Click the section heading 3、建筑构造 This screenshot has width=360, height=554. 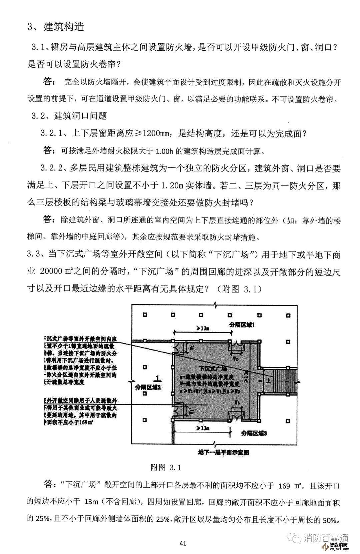56,27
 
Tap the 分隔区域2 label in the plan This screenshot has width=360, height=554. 148,387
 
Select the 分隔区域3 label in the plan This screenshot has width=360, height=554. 254,433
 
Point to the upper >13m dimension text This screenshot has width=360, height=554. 203,328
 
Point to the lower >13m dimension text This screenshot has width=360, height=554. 203,428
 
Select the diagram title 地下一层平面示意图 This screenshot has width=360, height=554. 223,452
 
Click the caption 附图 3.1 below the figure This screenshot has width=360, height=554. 166,467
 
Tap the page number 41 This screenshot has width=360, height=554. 183,543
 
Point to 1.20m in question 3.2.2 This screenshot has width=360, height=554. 172,185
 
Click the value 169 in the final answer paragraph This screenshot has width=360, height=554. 284,486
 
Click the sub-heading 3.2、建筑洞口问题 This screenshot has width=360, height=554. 69,116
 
